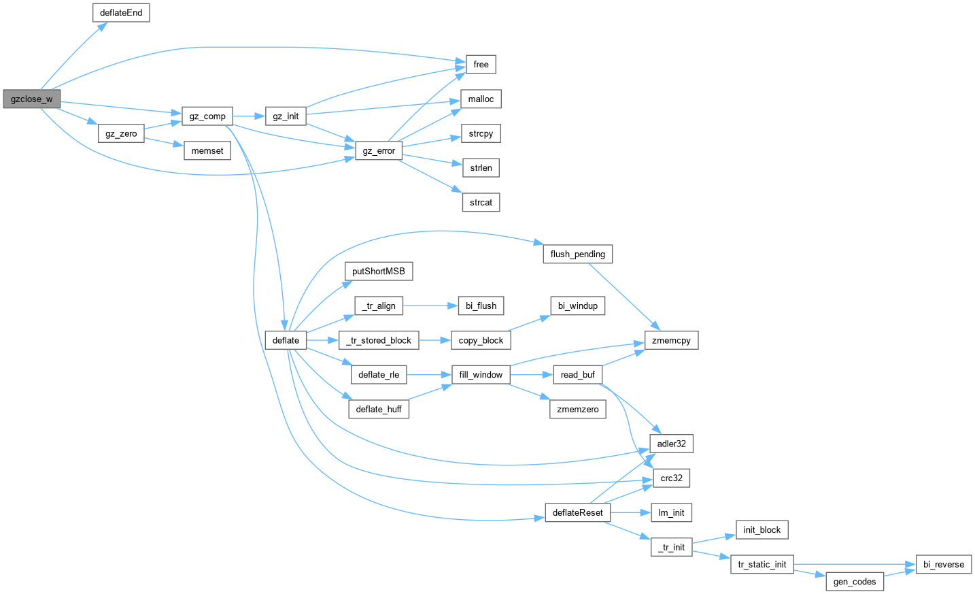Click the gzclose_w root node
point(31,99)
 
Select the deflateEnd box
point(121,13)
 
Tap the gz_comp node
point(207,116)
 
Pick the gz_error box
point(379,151)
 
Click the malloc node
point(481,99)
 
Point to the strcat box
point(481,203)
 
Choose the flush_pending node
point(577,254)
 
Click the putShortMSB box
point(378,271)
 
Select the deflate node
point(286,341)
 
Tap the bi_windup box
point(577,306)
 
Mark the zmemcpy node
point(671,341)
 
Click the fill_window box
point(481,375)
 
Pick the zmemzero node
point(577,410)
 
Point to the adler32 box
point(671,444)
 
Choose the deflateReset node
point(577,513)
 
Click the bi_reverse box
point(944,565)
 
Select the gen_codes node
point(855,582)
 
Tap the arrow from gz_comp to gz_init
point(249,116)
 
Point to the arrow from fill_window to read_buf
point(531,375)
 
